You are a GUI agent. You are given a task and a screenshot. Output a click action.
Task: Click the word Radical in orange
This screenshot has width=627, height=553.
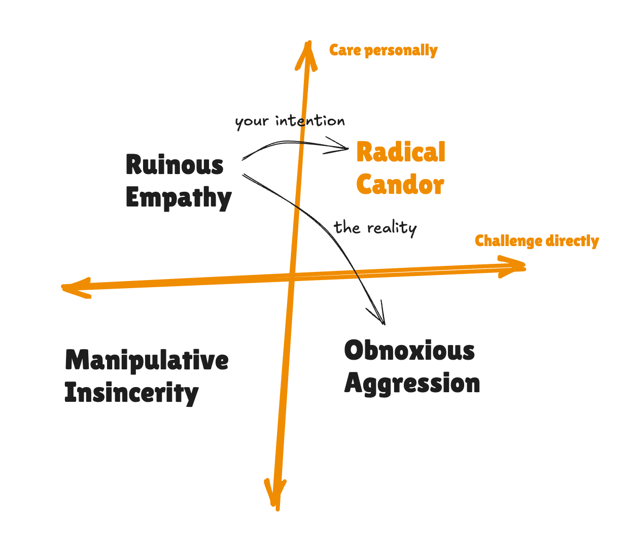tap(401, 153)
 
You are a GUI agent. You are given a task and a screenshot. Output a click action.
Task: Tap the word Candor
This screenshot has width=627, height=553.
tap(400, 185)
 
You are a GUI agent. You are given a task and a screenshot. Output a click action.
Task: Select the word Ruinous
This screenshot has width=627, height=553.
tap(175, 165)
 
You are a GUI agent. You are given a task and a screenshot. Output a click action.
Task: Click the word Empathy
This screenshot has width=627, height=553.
tap(179, 198)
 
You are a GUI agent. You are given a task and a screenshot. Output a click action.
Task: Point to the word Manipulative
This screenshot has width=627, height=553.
tap(147, 361)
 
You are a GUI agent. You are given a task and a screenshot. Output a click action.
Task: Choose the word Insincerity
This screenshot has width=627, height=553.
tap(131, 393)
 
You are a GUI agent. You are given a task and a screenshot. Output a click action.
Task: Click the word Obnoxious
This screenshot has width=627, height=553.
tap(409, 351)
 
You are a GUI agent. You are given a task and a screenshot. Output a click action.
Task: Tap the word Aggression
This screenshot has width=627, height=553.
tap(412, 384)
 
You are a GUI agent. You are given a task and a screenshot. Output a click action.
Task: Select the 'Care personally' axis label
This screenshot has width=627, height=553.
tap(383, 50)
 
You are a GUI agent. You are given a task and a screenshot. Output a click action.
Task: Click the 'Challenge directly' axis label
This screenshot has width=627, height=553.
tap(537, 240)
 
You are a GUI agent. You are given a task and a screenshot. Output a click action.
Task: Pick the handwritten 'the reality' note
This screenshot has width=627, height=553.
tap(375, 228)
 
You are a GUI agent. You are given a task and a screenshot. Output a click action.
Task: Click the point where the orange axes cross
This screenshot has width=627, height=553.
tap(292, 278)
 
